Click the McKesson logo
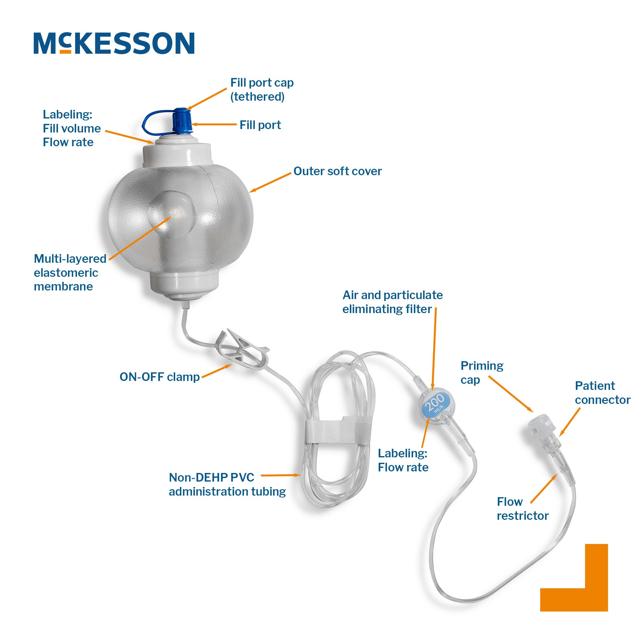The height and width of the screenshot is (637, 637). [114, 43]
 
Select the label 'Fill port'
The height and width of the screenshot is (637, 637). [260, 125]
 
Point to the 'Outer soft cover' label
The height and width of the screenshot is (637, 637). [338, 171]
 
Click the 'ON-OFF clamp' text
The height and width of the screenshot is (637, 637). [160, 377]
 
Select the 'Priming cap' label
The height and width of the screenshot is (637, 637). [482, 373]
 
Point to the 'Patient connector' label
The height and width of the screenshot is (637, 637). [602, 393]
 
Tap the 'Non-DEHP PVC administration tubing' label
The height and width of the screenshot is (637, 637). [227, 484]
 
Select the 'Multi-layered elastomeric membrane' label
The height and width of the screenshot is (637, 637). [70, 272]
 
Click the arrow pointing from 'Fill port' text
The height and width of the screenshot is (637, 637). [214, 125]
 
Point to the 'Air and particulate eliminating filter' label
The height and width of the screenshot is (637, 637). [392, 302]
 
